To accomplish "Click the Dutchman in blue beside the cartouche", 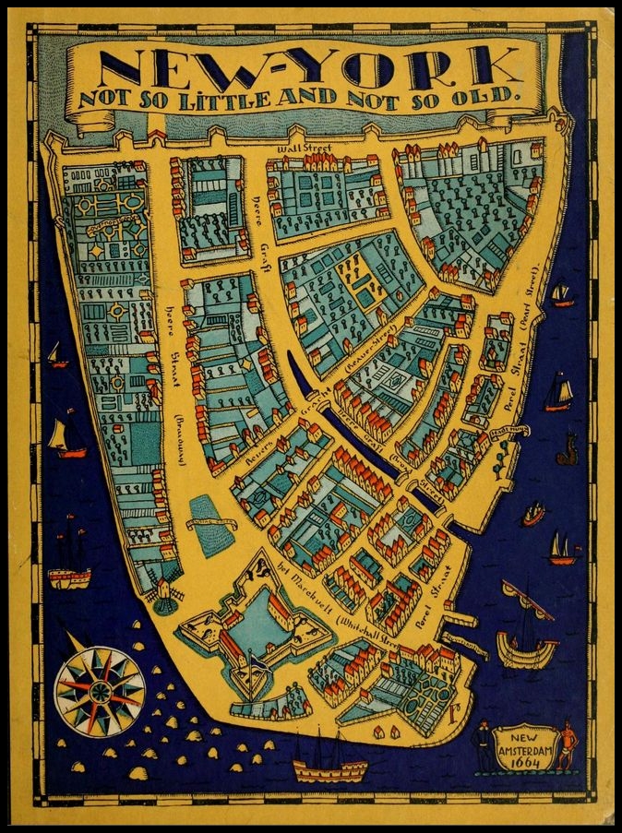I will coord(482,745).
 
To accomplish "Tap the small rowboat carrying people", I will coord(533,514).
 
